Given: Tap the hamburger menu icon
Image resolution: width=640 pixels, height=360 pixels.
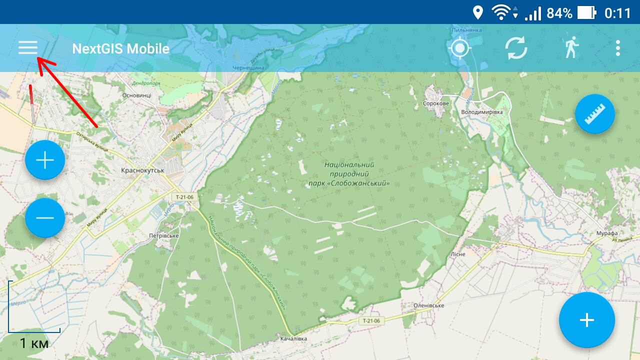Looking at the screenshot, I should [28, 48].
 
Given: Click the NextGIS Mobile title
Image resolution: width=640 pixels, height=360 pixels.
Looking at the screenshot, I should [120, 49].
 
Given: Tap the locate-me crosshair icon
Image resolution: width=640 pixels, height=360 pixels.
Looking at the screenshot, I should [460, 48].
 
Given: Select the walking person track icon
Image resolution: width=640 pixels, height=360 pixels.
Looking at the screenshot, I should [571, 48].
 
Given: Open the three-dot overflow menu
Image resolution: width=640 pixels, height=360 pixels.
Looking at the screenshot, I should [618, 48].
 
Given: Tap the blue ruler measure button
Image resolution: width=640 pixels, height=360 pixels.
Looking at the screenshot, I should [594, 114].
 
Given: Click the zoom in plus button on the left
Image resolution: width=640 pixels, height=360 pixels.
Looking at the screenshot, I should [45, 160].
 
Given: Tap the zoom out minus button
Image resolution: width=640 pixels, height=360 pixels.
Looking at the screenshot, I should [45, 217].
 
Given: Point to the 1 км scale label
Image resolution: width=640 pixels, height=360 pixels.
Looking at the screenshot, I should [34, 343].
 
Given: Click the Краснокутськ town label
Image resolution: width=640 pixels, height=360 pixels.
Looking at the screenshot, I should [142, 170].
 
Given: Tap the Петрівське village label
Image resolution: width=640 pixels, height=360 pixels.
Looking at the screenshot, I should [164, 235].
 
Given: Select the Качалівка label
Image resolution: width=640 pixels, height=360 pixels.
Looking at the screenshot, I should [293, 339].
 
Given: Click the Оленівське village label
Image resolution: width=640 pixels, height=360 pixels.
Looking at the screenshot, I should [429, 305].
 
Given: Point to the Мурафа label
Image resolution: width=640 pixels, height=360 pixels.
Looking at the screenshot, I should [607, 233].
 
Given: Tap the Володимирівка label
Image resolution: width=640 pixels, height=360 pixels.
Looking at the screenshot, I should [481, 112].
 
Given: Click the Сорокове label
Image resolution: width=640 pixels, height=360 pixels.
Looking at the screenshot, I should [436, 103].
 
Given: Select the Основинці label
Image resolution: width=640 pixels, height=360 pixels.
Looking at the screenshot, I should [136, 95].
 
